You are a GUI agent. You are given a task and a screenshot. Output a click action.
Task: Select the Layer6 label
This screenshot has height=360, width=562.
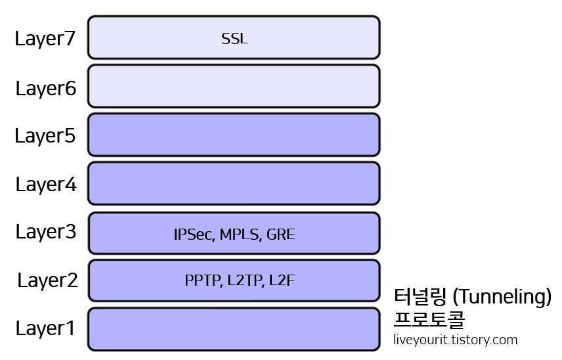[46, 88]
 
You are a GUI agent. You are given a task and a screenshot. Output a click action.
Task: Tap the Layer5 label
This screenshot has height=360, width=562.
[45, 136]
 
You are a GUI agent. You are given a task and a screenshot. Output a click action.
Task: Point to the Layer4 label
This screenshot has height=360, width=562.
[46, 185]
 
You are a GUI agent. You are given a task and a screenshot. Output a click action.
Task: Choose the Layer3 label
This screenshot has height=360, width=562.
[46, 232]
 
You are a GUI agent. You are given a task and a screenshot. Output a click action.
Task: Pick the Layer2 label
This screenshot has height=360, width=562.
[47, 281]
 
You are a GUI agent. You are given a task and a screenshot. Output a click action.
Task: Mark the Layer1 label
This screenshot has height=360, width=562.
[45, 328]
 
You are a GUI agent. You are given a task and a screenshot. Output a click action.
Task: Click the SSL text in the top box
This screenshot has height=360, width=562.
[234, 39]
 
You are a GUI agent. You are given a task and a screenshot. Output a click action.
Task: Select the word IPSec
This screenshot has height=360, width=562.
[194, 235]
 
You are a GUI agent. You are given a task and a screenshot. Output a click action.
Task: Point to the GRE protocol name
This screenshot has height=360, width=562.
[281, 235]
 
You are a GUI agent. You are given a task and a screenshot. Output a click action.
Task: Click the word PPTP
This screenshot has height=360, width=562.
[203, 281]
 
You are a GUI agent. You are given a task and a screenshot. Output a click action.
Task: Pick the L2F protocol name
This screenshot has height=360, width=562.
[282, 281]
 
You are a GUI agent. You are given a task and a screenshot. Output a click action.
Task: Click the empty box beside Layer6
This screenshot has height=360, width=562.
[234, 86]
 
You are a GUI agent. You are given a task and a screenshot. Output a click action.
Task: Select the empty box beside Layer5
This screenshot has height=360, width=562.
[234, 135]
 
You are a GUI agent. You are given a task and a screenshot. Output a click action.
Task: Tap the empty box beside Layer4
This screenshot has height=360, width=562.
[234, 183]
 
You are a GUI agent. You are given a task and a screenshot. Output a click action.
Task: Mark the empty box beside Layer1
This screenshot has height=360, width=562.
[234, 328]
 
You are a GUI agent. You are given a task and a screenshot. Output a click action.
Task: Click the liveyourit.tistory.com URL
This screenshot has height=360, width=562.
[456, 340]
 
